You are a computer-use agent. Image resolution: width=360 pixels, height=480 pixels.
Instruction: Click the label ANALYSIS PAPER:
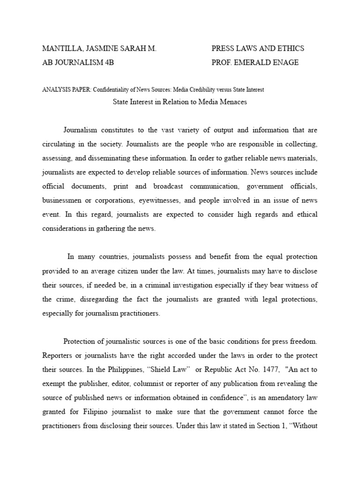click(67, 90)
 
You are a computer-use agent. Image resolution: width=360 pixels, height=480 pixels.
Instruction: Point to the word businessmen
click(63, 201)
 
